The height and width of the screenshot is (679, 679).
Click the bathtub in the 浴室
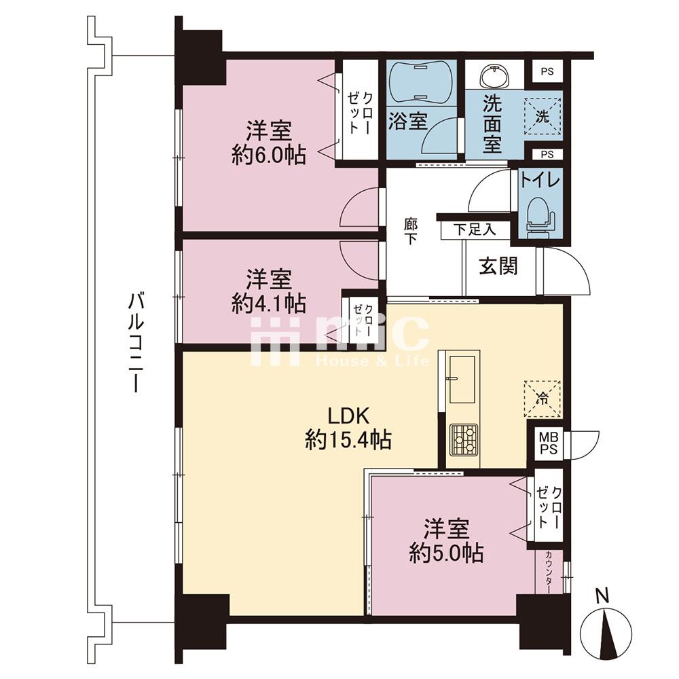coord(422,83)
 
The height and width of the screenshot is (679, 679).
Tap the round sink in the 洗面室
coord(496,76)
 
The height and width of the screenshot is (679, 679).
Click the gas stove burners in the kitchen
coord(464,439)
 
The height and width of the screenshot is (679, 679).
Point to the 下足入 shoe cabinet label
coord(475,230)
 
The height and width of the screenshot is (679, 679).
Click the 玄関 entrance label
coord(498,265)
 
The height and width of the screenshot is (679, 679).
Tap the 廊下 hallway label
coord(411,232)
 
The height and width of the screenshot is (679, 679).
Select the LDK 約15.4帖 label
coord(348,428)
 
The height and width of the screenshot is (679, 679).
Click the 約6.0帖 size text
coord(269,155)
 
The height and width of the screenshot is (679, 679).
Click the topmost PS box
coord(547,71)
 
